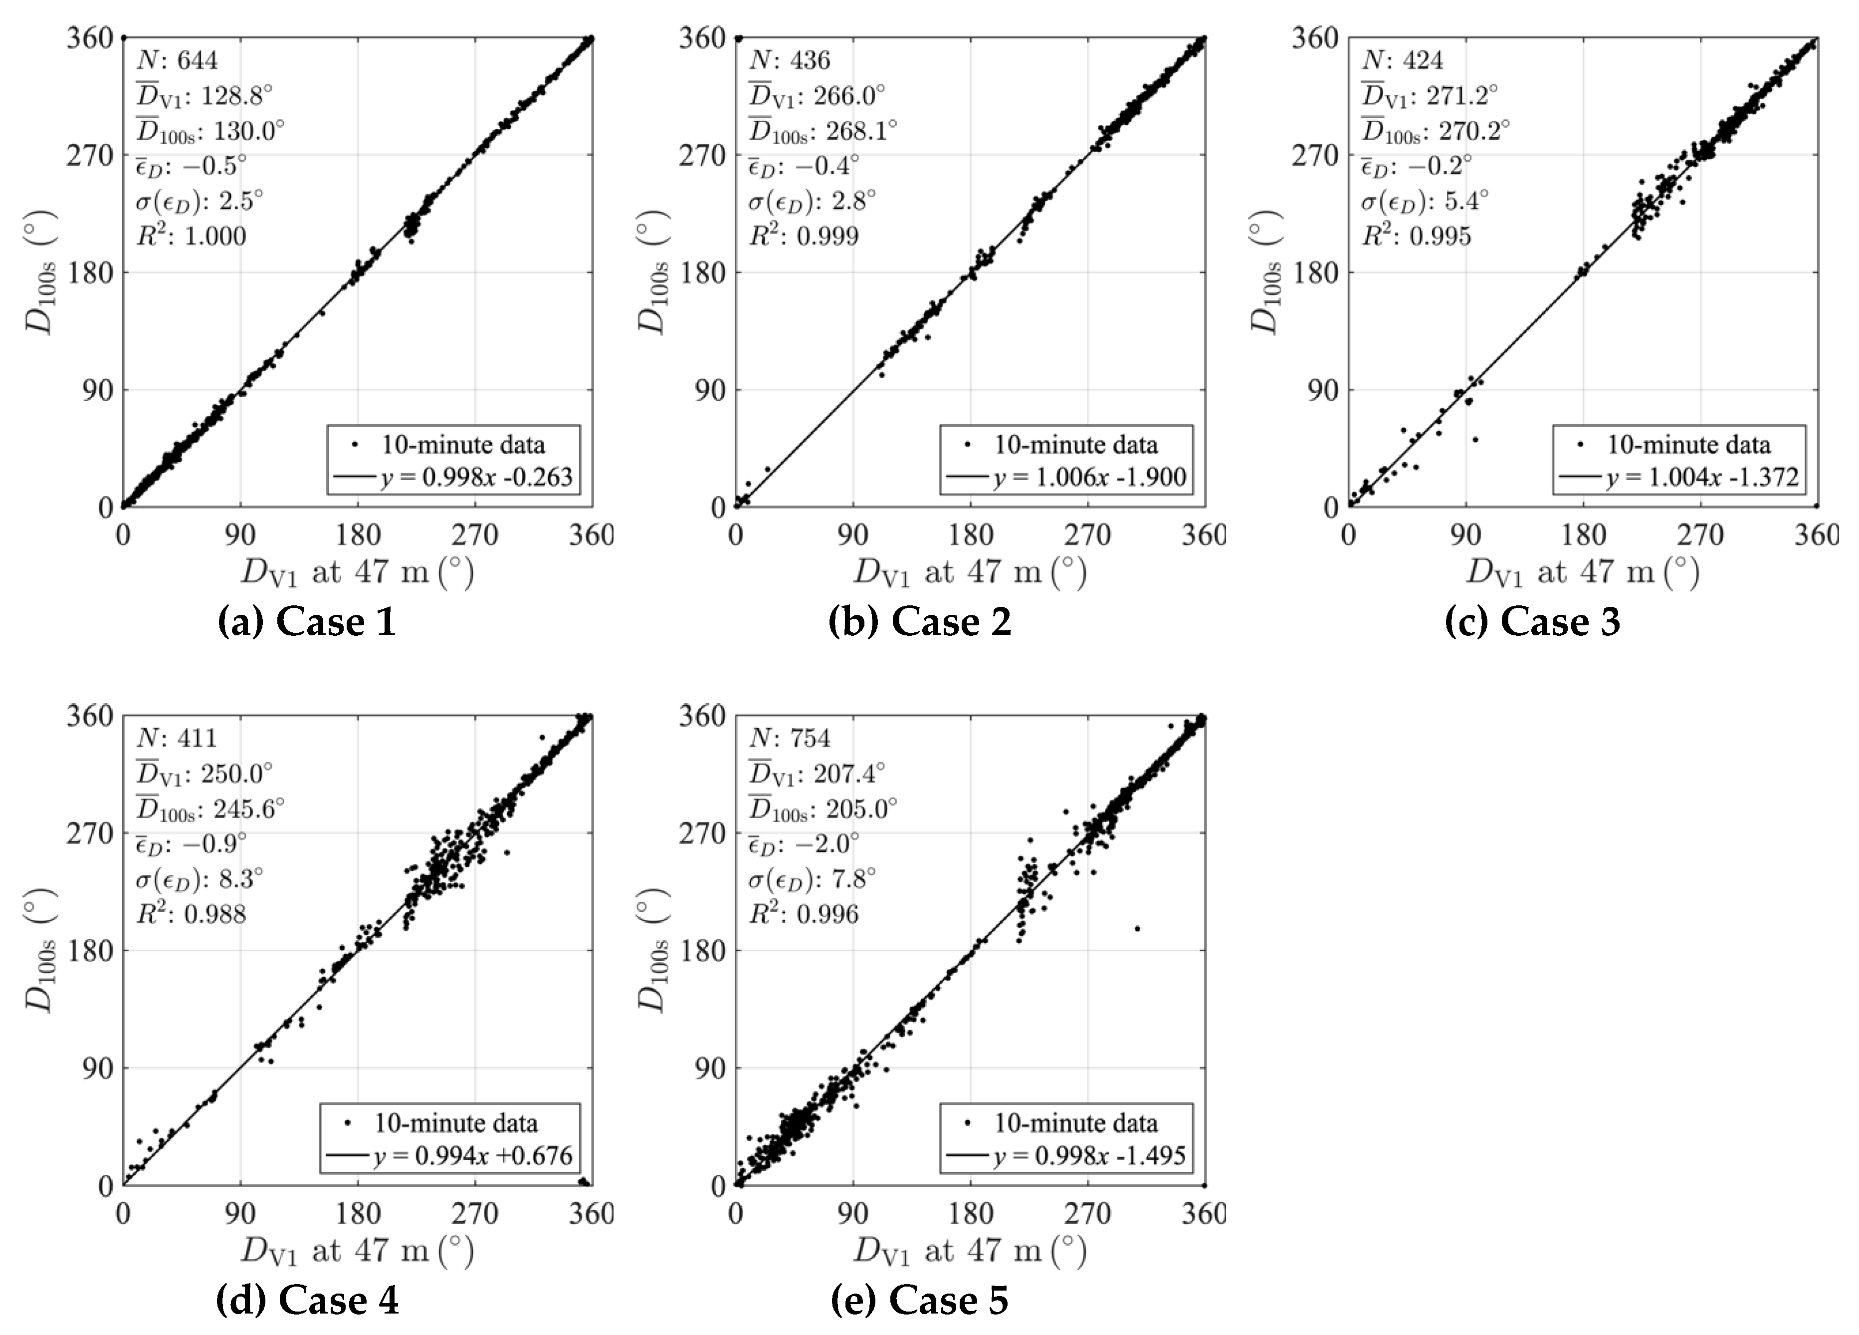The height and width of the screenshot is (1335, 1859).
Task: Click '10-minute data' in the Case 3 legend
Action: tap(1688, 445)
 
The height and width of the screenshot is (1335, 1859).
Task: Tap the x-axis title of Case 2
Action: tap(970, 571)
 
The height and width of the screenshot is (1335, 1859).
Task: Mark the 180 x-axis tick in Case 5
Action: tap(971, 1213)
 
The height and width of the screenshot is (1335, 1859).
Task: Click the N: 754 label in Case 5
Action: tap(789, 738)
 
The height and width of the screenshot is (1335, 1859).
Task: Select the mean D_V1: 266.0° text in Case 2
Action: tap(817, 96)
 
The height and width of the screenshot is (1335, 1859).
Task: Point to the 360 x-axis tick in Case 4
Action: tap(590, 1213)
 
